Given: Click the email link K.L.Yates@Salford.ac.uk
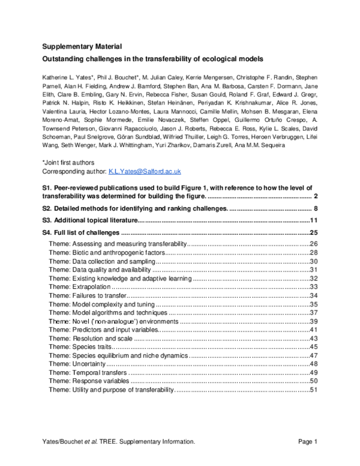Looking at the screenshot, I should click(x=144, y=171).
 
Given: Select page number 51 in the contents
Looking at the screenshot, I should click(x=313, y=390).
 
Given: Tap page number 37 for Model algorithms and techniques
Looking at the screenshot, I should click(x=313, y=313).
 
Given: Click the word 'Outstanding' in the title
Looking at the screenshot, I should click(x=62, y=59).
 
